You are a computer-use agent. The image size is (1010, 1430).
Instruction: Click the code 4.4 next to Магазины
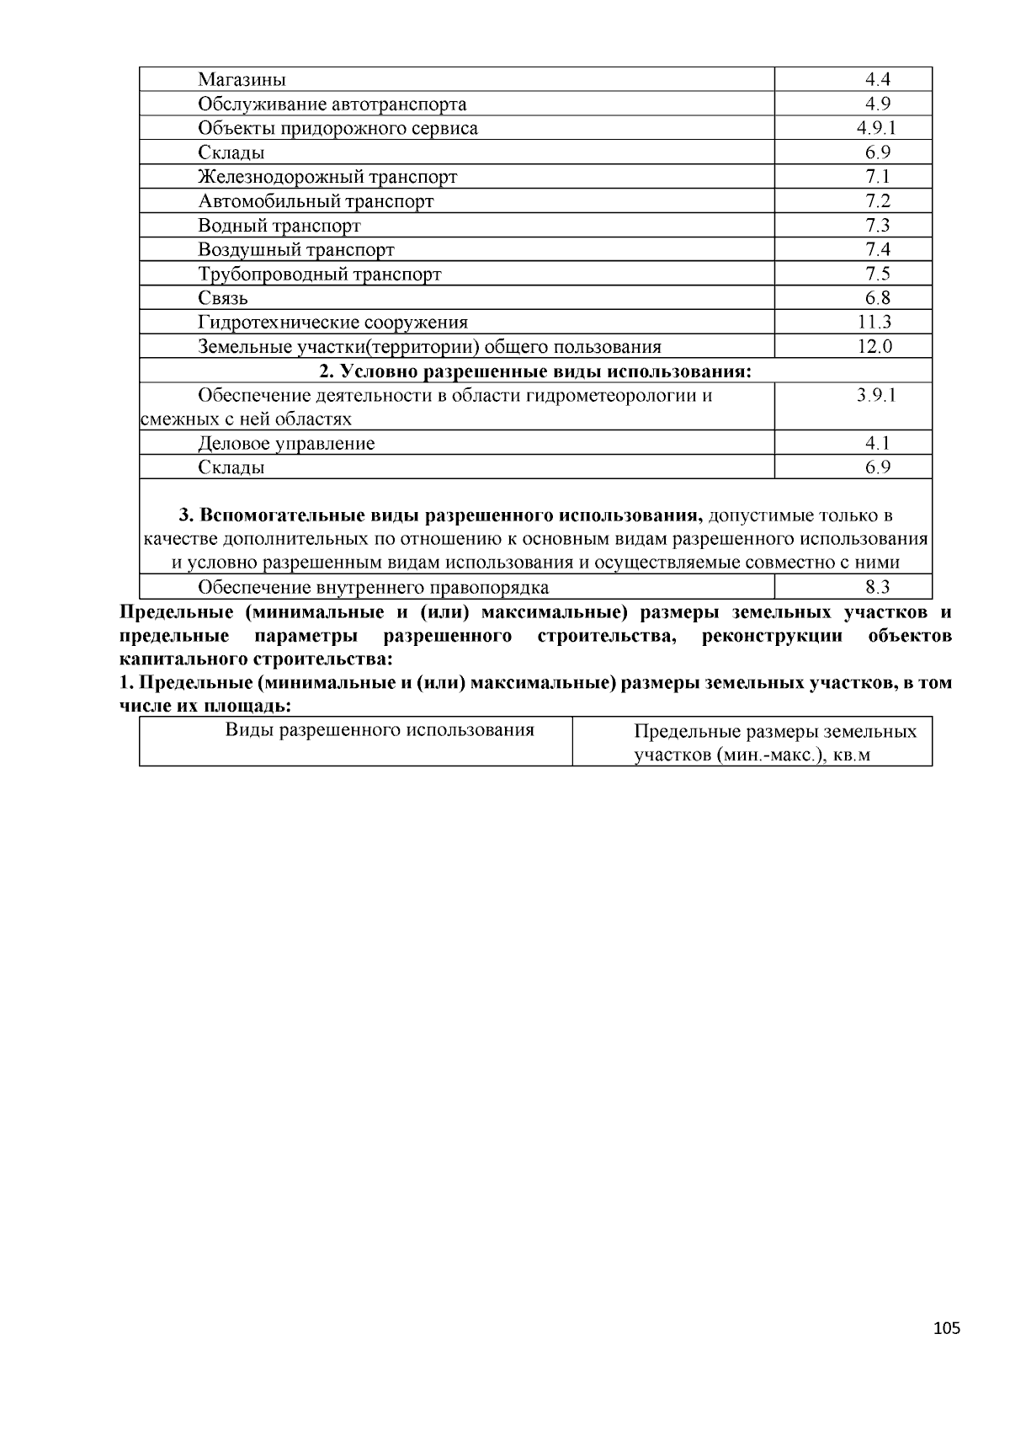[x=877, y=80]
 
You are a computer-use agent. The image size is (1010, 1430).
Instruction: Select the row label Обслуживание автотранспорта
[x=332, y=104]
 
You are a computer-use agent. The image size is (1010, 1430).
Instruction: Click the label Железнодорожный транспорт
[x=327, y=177]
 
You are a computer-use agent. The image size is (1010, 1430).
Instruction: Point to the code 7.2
[x=877, y=200]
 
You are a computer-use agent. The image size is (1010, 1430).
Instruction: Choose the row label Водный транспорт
[x=279, y=226]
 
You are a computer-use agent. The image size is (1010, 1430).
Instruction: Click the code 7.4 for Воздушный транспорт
[x=877, y=249]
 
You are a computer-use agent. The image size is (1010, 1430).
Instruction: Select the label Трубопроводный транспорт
[x=319, y=275]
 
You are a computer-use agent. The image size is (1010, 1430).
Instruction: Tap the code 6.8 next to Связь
[x=877, y=298]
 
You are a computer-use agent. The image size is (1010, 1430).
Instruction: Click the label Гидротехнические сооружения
[x=332, y=323]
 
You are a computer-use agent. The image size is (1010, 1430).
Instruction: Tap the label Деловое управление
[x=286, y=444]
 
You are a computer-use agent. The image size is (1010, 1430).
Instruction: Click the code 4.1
[x=877, y=444]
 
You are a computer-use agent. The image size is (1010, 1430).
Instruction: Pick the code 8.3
[x=877, y=588]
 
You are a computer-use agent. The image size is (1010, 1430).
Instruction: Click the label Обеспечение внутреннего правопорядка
[x=373, y=588]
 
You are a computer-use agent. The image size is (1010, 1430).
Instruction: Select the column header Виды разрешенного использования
[x=380, y=730]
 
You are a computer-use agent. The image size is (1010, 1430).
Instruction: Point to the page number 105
[x=946, y=1329]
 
